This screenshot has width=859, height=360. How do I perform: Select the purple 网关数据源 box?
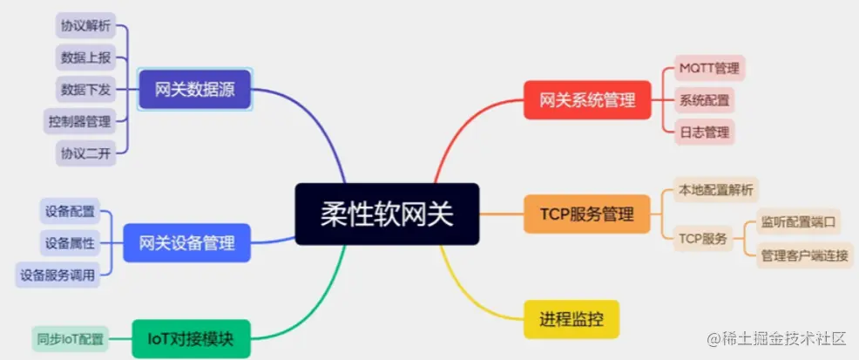click(x=195, y=89)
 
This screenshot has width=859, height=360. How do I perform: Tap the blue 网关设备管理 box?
click(x=186, y=242)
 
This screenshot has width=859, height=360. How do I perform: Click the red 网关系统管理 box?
click(x=587, y=100)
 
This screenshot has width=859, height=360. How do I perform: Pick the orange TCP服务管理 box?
click(x=587, y=214)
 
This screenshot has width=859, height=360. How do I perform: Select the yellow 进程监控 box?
click(x=572, y=319)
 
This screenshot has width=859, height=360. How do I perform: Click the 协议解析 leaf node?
click(x=86, y=25)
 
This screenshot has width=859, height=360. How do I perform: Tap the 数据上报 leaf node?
click(x=86, y=58)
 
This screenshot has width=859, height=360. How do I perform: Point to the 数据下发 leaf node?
click(x=86, y=89)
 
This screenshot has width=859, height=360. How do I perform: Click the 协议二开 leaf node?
click(x=86, y=153)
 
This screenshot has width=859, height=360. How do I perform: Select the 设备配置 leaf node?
click(x=71, y=211)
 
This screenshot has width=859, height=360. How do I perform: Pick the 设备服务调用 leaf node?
click(x=57, y=275)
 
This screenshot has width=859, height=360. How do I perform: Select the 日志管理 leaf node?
click(x=704, y=132)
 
